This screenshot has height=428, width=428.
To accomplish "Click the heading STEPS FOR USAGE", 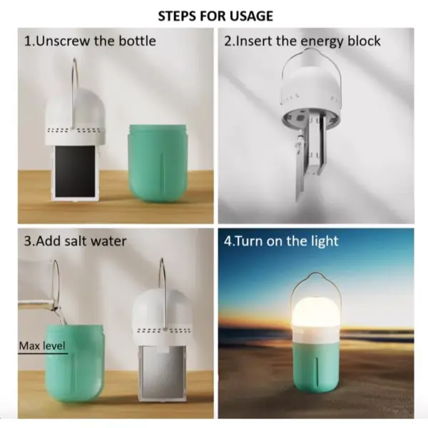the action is [x=215, y=16].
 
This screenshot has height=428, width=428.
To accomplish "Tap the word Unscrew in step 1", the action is [x=63, y=41].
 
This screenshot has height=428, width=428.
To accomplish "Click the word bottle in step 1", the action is [x=137, y=41].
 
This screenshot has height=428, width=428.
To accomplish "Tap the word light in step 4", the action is [x=325, y=242].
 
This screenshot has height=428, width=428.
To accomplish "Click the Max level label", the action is [x=42, y=346].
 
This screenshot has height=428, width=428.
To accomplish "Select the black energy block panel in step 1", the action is [x=75, y=171].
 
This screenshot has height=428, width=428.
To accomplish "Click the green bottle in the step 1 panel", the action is [x=158, y=163].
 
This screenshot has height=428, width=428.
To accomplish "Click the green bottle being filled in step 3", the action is [x=74, y=363].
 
